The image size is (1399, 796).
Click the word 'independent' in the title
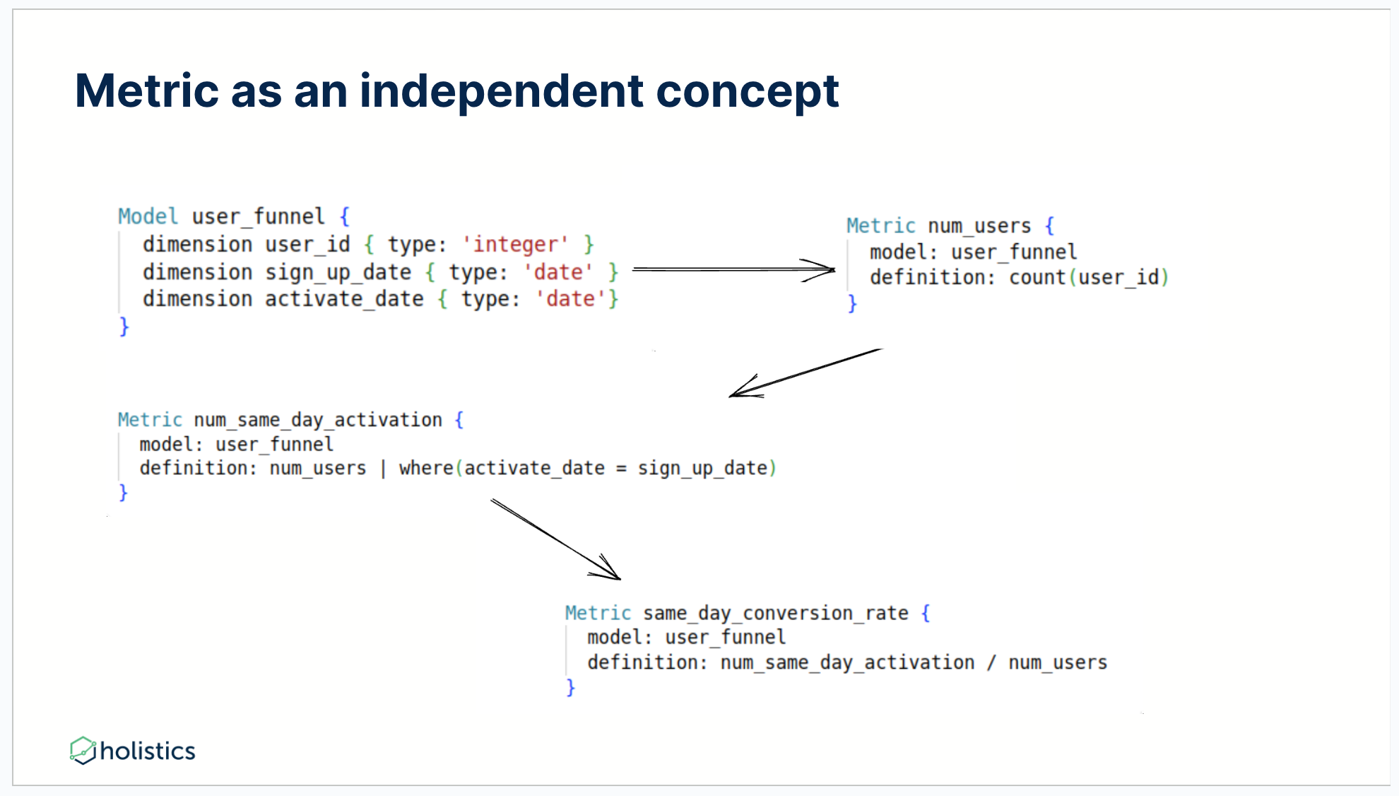click(501, 91)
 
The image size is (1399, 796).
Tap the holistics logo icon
click(83, 750)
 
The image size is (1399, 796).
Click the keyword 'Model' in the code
click(148, 216)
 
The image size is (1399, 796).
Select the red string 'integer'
click(515, 245)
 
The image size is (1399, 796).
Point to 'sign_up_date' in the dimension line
click(338, 272)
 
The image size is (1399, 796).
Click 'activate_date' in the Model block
click(344, 299)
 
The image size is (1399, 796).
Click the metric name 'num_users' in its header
click(979, 226)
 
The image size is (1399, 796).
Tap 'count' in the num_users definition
click(1037, 277)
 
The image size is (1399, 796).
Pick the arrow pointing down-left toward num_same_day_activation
click(805, 373)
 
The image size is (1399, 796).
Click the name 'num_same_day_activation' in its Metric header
click(318, 420)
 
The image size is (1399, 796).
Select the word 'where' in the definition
click(426, 468)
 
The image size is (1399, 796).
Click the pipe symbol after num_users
click(383, 469)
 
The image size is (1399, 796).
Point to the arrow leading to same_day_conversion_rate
click(555, 539)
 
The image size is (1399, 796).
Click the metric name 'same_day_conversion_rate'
click(775, 613)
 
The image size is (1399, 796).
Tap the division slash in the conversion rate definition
click(991, 663)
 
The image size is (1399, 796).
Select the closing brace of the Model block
click(124, 327)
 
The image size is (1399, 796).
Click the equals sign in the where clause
click(621, 469)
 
